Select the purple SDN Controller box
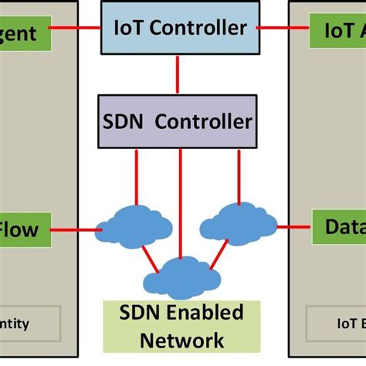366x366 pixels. [x=178, y=121]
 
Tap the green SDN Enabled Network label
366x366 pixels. [x=183, y=326]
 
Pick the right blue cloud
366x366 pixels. [x=239, y=222]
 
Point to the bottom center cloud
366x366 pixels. [x=179, y=275]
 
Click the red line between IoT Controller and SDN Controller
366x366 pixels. [x=178, y=74]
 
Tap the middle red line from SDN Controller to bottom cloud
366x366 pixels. [x=181, y=201]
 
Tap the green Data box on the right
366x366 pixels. [x=340, y=226]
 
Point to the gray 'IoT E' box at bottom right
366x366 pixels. [x=337, y=323]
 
